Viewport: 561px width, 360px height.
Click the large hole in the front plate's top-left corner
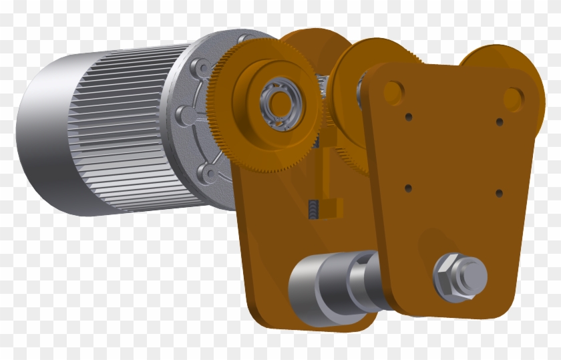[x=393, y=92]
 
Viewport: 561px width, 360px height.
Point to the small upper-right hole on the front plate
[x=499, y=122]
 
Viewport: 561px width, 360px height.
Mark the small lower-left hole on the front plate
[x=408, y=188]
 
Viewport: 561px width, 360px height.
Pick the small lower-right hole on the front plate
[x=499, y=193]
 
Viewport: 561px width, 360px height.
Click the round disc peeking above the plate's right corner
[x=494, y=57]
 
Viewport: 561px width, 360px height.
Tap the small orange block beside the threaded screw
[x=334, y=208]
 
